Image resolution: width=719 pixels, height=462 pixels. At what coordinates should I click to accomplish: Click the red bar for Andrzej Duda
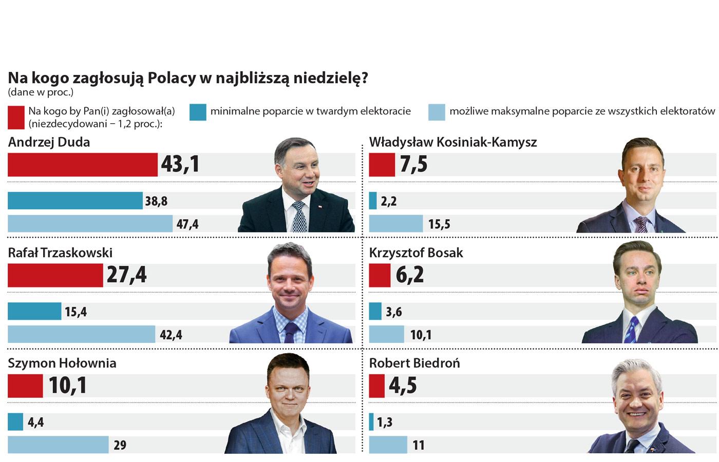click(82, 164)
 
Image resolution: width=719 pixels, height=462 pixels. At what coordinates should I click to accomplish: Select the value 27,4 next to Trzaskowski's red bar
click(126, 275)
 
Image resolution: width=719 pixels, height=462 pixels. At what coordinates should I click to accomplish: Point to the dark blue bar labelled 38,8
click(75, 201)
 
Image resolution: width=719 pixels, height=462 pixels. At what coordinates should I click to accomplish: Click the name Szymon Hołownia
click(62, 363)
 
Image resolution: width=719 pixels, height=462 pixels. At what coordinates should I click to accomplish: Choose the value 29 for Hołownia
click(120, 445)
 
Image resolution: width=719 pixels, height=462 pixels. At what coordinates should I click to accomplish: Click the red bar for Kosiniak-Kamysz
click(382, 164)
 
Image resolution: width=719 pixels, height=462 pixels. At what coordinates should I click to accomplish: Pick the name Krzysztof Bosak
click(416, 253)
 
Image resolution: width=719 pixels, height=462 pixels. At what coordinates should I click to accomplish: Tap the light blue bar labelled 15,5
click(395, 224)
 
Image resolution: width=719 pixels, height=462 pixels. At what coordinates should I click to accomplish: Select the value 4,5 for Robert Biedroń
click(403, 386)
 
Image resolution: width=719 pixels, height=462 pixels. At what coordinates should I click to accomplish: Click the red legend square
click(16, 117)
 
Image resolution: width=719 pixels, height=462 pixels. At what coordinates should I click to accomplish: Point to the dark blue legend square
click(198, 112)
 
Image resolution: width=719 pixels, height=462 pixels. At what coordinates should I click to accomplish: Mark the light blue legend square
click(437, 112)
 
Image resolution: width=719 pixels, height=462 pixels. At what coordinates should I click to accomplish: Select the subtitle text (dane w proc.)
click(41, 93)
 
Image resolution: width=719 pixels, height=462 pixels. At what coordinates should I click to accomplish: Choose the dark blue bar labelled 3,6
click(375, 311)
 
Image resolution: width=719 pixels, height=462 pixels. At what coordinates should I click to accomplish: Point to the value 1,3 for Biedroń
click(385, 422)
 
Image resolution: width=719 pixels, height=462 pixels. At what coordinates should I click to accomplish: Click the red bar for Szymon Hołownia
click(25, 386)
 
